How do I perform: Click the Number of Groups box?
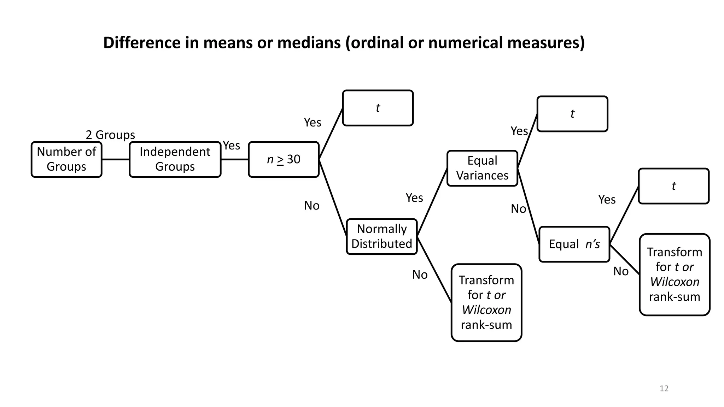click(66, 159)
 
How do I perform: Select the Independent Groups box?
click(175, 159)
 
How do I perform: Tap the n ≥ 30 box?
click(284, 159)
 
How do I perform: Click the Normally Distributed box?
click(382, 236)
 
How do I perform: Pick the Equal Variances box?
click(482, 168)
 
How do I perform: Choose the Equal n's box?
click(574, 244)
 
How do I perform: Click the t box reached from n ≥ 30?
click(378, 108)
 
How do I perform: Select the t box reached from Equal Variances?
click(572, 114)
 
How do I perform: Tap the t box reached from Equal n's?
click(673, 186)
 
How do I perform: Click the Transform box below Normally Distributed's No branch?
click(486, 302)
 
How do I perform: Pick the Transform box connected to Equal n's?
click(675, 275)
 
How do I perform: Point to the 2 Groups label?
click(110, 135)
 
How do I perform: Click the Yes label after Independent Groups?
click(232, 146)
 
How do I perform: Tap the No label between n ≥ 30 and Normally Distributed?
click(312, 206)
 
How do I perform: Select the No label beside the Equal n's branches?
click(621, 271)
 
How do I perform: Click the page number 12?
click(664, 389)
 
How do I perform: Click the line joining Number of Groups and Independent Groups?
click(116, 159)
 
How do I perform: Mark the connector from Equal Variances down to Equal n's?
click(528, 206)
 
